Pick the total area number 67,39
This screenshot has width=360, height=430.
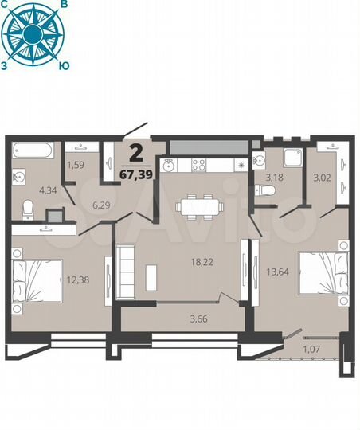tap(137, 175)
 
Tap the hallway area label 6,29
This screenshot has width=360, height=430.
tap(100, 205)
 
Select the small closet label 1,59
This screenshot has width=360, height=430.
tap(75, 166)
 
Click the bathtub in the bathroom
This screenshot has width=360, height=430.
tap(33, 150)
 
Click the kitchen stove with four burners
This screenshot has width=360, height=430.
tap(197, 165)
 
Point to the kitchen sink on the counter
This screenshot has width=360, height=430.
tap(168, 165)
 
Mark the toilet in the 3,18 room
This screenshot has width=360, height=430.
tap(266, 191)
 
